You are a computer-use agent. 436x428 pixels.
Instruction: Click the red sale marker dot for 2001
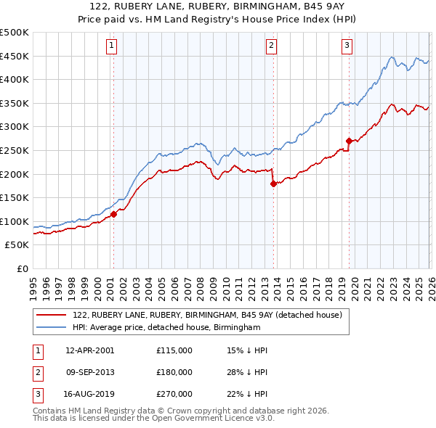(x=114, y=214)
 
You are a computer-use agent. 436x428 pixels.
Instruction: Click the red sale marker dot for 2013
(x=273, y=184)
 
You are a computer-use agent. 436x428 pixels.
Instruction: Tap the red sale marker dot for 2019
(x=349, y=141)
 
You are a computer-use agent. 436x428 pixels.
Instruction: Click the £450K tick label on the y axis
(x=15, y=56)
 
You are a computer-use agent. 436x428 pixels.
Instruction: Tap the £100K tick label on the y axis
(x=15, y=221)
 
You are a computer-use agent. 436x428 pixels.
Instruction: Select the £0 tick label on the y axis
(x=22, y=268)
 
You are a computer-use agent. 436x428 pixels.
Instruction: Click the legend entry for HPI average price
(x=166, y=328)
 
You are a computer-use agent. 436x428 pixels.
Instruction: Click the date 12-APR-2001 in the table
(x=89, y=350)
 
